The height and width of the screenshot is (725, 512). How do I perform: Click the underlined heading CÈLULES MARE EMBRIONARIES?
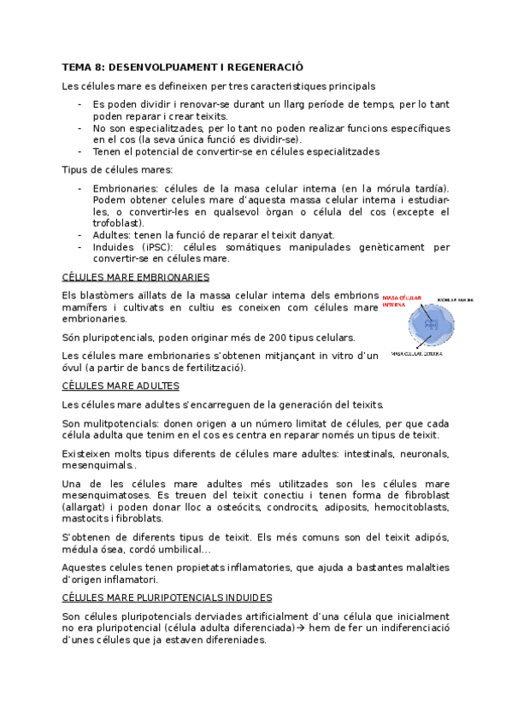click(x=136, y=277)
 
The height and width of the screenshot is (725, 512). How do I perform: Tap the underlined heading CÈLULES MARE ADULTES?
click(x=121, y=386)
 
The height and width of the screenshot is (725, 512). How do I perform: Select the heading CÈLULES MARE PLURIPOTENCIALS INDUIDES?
click(x=168, y=598)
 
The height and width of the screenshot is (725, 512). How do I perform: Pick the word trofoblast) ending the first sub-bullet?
click(x=116, y=223)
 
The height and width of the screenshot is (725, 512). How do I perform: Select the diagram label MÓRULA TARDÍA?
click(x=456, y=300)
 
